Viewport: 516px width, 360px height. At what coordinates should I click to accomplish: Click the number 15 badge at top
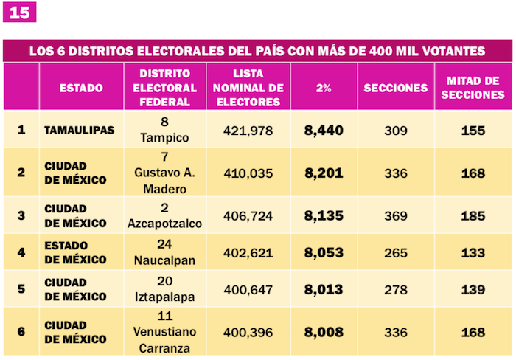[19, 13]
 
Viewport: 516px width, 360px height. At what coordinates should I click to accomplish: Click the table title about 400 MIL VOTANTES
[257, 51]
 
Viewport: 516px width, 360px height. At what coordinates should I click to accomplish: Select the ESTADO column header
[81, 88]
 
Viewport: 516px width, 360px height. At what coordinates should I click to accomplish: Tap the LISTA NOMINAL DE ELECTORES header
[248, 88]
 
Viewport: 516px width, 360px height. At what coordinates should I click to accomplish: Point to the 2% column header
[324, 88]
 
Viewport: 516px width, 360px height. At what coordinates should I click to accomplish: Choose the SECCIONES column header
[396, 88]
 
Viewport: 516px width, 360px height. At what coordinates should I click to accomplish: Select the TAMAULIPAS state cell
[80, 131]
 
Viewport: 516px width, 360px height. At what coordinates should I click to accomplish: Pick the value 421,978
[248, 131]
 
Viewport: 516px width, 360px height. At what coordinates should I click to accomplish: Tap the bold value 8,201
[324, 173]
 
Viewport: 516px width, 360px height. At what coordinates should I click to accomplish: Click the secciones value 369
[396, 216]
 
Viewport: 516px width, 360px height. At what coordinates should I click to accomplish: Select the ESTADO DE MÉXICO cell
[76, 252]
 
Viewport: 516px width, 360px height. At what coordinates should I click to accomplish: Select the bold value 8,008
[324, 332]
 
